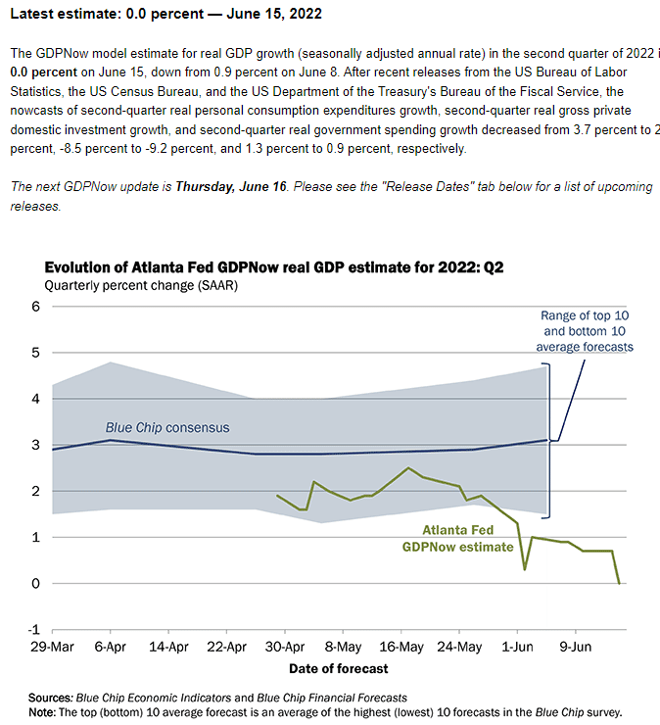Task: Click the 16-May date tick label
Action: [401, 649]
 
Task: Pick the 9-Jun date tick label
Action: [576, 649]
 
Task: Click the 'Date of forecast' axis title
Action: [338, 668]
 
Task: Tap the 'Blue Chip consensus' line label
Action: [167, 428]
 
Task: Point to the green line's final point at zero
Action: [619, 583]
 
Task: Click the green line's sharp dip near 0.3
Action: [525, 569]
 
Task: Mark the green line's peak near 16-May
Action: [408, 467]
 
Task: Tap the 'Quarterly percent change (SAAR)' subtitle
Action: [141, 286]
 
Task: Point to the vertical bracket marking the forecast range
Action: [547, 441]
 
